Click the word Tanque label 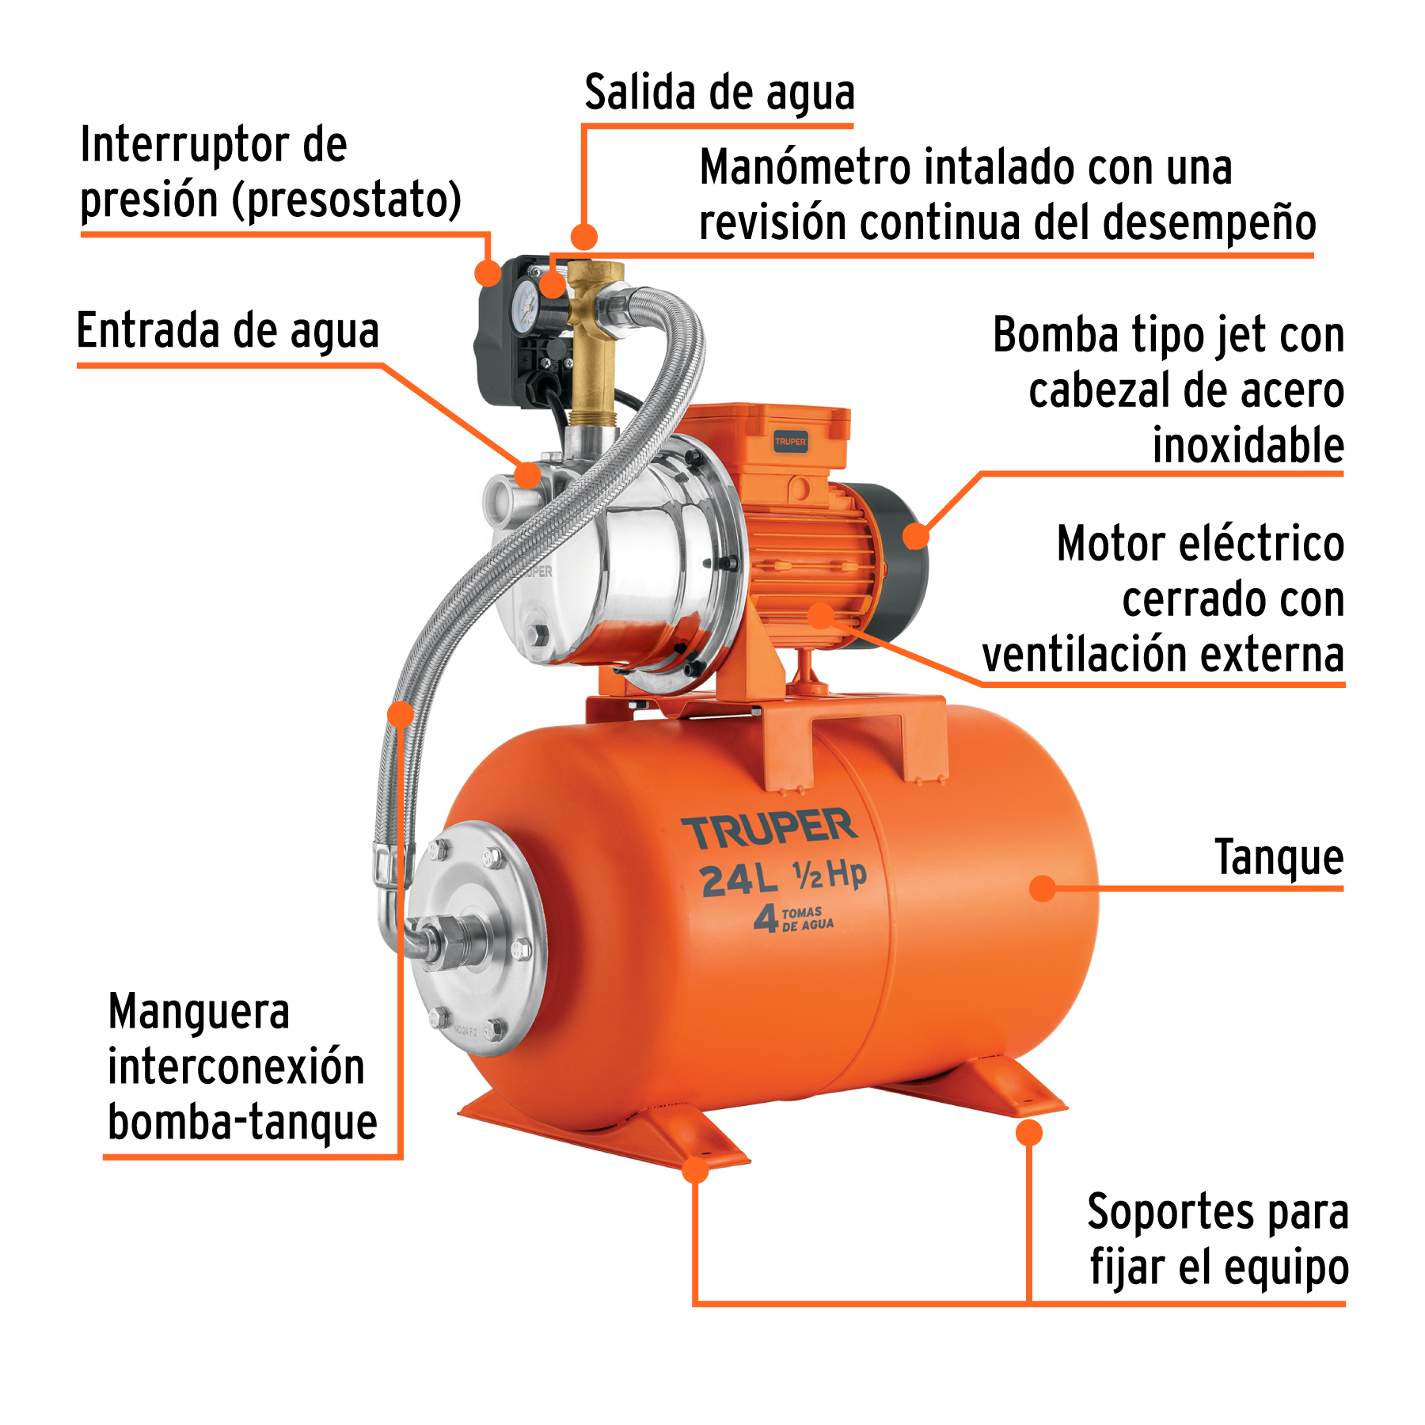pos(1279,857)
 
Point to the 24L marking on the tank pos(737,880)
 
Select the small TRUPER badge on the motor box pos(790,442)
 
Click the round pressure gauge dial pos(525,300)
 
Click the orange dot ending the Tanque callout pos(1043,888)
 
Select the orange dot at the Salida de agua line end pos(584,236)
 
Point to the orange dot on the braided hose pos(401,714)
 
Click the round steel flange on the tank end pos(478,938)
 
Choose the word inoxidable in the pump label pos(1248,446)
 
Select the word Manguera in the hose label pos(199,1013)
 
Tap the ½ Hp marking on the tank pos(830,874)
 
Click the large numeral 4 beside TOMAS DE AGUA pos(766,919)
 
